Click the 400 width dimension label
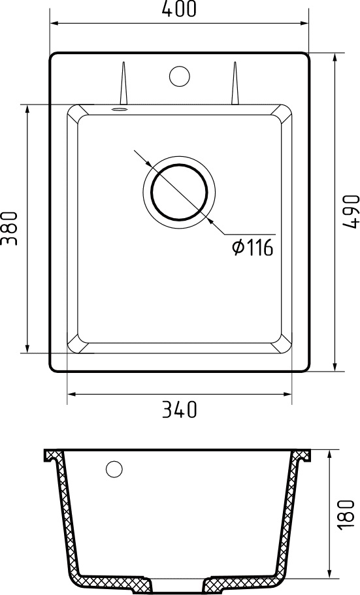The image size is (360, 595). click(178, 9)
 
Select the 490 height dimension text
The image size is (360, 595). click(351, 210)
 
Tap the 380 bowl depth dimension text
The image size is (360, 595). click(9, 228)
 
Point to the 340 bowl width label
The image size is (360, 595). click(178, 410)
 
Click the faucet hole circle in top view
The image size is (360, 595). click(179, 76)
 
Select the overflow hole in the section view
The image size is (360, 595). click(114, 469)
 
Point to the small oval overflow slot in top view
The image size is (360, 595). click(118, 109)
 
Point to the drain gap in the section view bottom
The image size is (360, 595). click(178, 583)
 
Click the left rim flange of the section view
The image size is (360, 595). click(51, 455)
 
